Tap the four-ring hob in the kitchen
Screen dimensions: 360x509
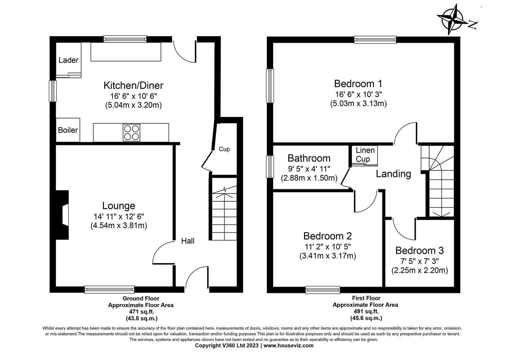click(131, 132)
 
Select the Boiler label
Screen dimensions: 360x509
click(68, 130)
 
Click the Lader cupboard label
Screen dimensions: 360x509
click(68, 60)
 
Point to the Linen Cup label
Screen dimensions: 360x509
click(365, 155)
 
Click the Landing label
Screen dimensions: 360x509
click(393, 174)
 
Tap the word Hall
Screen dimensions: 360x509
click(188, 241)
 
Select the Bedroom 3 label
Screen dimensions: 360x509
click(419, 250)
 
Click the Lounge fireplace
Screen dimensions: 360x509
click(63, 215)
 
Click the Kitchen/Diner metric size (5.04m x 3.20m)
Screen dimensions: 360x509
click(133, 105)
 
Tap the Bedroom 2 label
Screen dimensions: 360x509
click(327, 236)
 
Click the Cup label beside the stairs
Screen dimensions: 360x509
click(224, 149)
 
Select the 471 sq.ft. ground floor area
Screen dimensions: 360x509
click(141, 312)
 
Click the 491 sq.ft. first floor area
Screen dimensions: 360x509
click(366, 312)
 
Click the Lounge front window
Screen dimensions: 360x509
click(109, 289)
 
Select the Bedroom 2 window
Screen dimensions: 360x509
click(323, 290)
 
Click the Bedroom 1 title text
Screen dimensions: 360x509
click(358, 83)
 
